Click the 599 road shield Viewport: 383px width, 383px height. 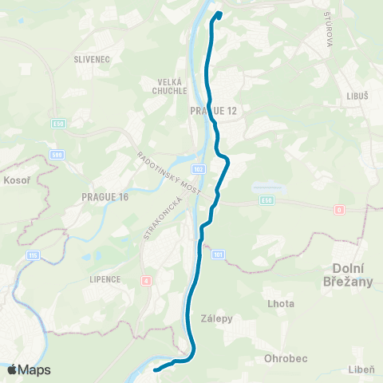click(x=57, y=155)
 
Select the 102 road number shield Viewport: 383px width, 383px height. click(x=199, y=169)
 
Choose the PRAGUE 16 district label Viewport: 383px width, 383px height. click(x=105, y=195)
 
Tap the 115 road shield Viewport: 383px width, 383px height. click(x=34, y=255)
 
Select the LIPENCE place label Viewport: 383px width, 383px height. click(x=105, y=279)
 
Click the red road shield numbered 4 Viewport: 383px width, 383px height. click(x=146, y=280)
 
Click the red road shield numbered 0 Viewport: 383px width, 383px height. click(x=339, y=208)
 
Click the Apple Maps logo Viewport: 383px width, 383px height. click(x=28, y=369)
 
